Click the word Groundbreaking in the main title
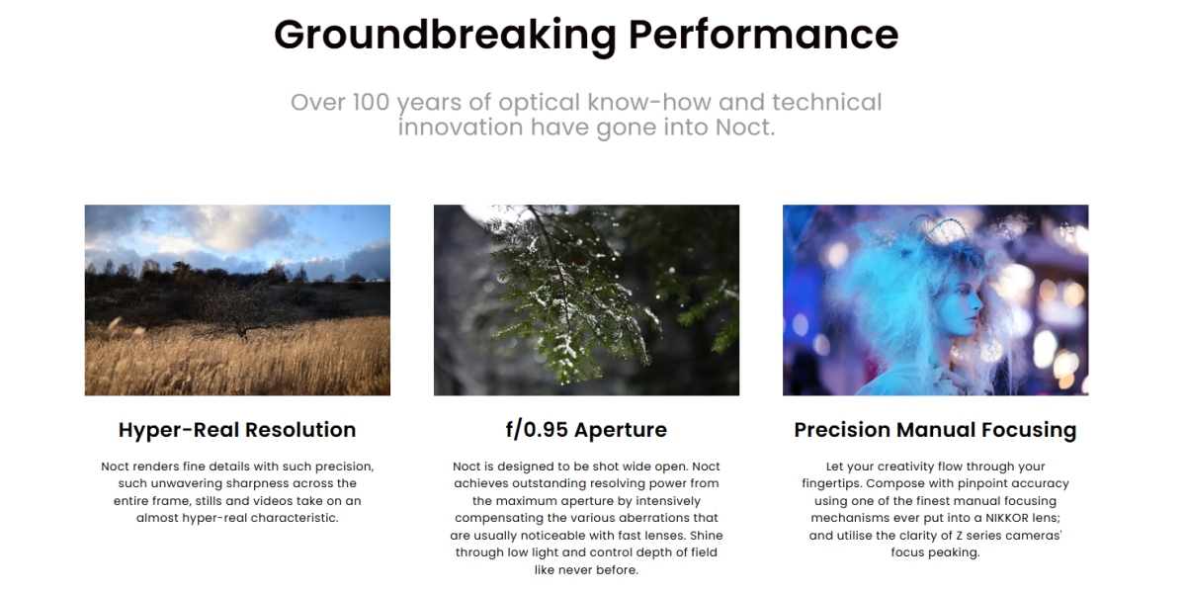pyautogui.click(x=446, y=36)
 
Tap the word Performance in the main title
pyautogui.click(x=763, y=35)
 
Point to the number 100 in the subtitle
pyautogui.click(x=372, y=102)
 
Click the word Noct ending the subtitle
pyautogui.click(x=745, y=127)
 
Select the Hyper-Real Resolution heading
pyautogui.click(x=237, y=430)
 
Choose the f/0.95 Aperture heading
pyautogui.click(x=586, y=430)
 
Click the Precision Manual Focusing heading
pyautogui.click(x=935, y=430)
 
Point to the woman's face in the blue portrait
pyautogui.click(x=965, y=308)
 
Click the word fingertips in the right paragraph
pyautogui.click(x=831, y=484)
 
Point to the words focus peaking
pyautogui.click(x=935, y=552)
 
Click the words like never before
pyautogui.click(x=586, y=570)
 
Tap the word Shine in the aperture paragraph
pyautogui.click(x=706, y=536)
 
